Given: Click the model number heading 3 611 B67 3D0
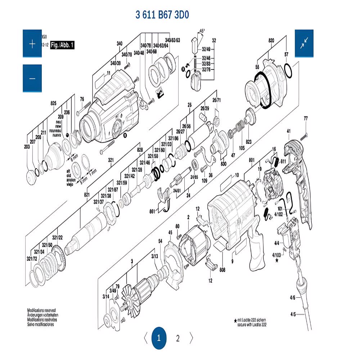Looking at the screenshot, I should click(162, 15).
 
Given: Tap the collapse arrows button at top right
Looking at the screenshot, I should click(304, 43).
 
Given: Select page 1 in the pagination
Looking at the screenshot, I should click(159, 338).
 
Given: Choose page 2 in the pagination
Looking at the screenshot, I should click(178, 338).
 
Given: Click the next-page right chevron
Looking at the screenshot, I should click(192, 338).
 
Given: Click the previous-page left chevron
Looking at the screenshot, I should click(145, 338).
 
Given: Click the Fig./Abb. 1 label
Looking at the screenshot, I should click(62, 45).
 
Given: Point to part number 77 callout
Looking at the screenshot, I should click(306, 118).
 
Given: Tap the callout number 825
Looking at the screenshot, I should click(54, 104).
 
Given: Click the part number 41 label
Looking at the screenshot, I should click(288, 131).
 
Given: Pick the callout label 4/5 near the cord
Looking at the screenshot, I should click(293, 314).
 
